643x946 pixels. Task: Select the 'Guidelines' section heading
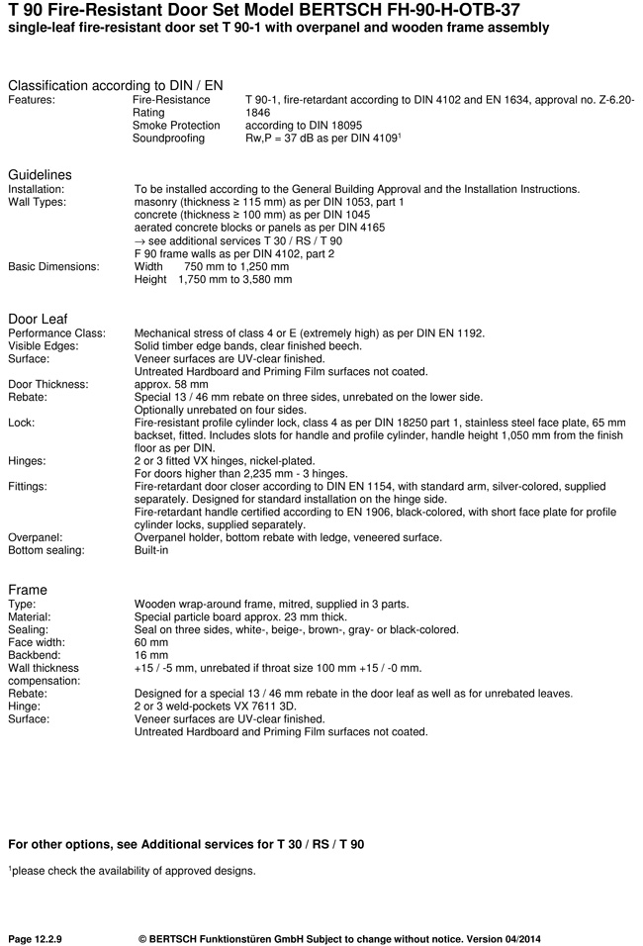pos(40,175)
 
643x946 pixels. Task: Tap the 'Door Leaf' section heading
pos(38,319)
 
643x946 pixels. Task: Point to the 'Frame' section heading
pos(28,590)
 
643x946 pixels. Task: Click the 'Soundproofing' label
pos(168,139)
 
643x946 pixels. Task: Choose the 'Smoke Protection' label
pos(176,126)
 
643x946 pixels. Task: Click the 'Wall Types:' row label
pos(37,202)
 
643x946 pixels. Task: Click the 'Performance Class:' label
pos(56,332)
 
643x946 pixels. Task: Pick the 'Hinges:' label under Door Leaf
pos(28,460)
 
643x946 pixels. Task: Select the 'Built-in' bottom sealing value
pos(151,550)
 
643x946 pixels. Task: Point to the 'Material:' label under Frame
pos(30,616)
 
